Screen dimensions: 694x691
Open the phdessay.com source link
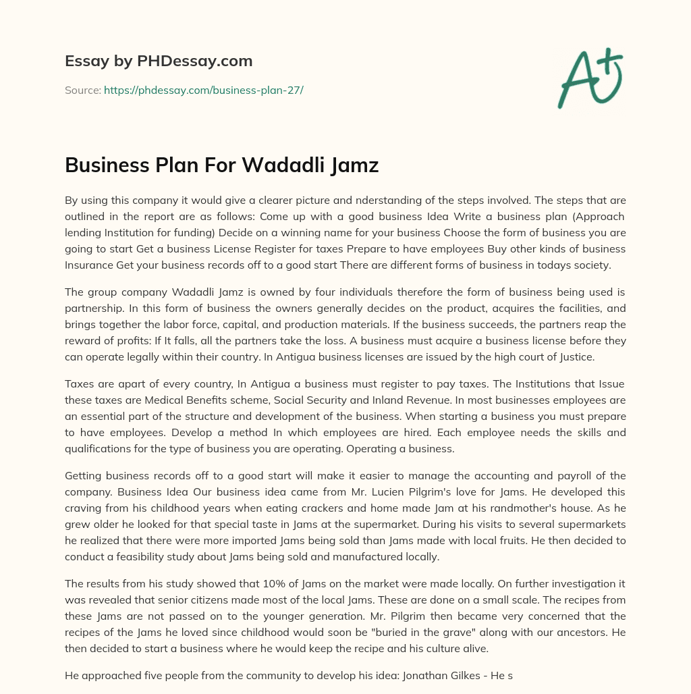click(203, 90)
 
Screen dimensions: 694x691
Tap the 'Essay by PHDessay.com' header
click(159, 61)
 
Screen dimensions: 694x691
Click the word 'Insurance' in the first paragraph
click(88, 265)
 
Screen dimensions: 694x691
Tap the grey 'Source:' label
click(82, 90)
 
